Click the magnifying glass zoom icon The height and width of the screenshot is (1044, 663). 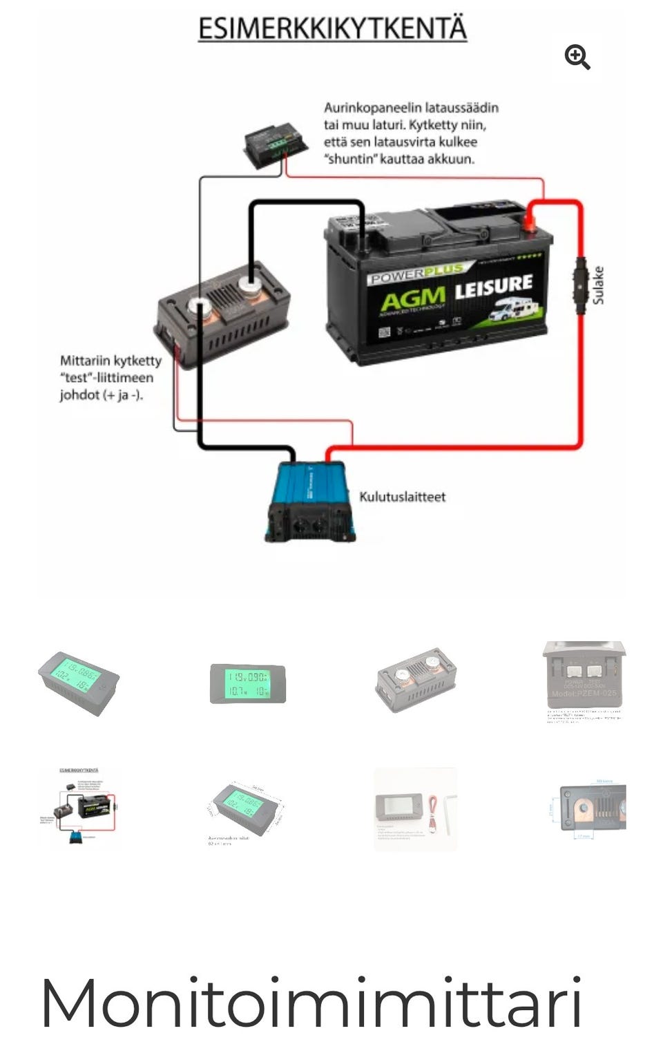click(x=577, y=57)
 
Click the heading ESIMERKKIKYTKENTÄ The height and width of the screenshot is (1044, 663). click(x=332, y=29)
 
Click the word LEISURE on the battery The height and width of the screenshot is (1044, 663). click(x=493, y=286)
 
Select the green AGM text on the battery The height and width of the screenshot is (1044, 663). click(x=412, y=300)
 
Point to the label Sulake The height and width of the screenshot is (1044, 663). click(x=598, y=285)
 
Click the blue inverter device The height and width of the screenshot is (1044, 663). click(x=311, y=502)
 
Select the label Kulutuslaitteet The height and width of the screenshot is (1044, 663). click(x=402, y=497)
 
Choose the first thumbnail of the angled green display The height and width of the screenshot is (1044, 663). click(x=78, y=682)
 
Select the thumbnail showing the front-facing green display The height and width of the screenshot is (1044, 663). click(x=247, y=683)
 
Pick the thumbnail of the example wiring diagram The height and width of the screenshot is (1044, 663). click(x=78, y=806)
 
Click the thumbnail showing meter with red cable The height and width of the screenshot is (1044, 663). click(x=415, y=808)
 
